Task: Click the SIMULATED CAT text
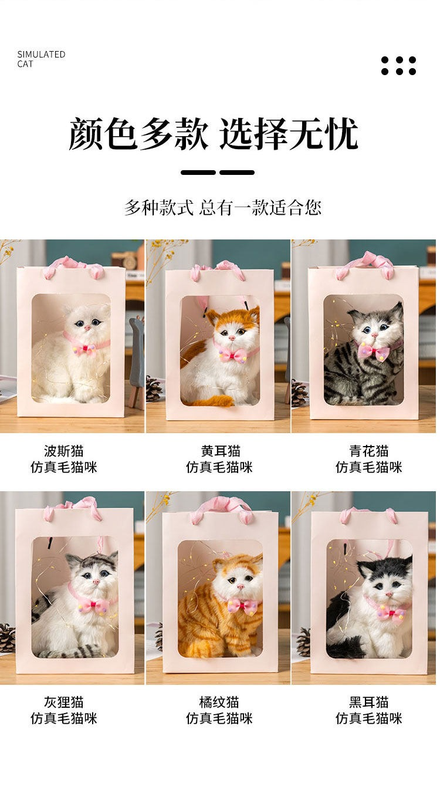pyautogui.click(x=41, y=59)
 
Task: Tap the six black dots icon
pyautogui.click(x=398, y=66)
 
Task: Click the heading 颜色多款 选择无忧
pyautogui.click(x=214, y=134)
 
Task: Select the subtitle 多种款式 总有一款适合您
pyautogui.click(x=222, y=207)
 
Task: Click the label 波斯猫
pyautogui.click(x=63, y=451)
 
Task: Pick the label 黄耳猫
pyautogui.click(x=221, y=451)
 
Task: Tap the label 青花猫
pyautogui.click(x=368, y=451)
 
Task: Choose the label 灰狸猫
pyautogui.click(x=63, y=702)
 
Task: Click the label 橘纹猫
pyautogui.click(x=219, y=702)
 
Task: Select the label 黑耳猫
pyautogui.click(x=368, y=702)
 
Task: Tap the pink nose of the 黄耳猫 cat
pyautogui.click(x=231, y=338)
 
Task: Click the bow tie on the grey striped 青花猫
pyautogui.click(x=374, y=350)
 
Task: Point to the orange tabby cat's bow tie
pyautogui.click(x=242, y=606)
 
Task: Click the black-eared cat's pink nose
pyautogui.click(x=389, y=594)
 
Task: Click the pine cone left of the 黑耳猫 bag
pyautogui.click(x=303, y=642)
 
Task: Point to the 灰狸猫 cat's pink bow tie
pyautogui.click(x=94, y=604)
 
